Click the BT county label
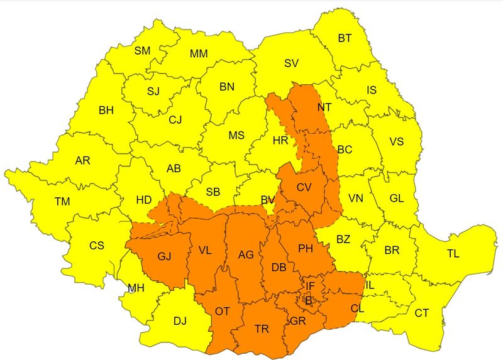click(x=345, y=38)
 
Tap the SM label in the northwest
click(x=142, y=51)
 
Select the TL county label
click(x=453, y=254)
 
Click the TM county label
click(x=62, y=202)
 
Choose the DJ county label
click(x=180, y=322)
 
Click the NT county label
click(x=324, y=107)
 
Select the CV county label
click(x=304, y=187)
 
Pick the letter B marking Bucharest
click(x=308, y=300)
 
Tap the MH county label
click(x=136, y=289)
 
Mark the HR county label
click(x=280, y=141)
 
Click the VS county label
click(x=396, y=141)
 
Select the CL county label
click(x=357, y=309)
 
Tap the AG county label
click(x=246, y=255)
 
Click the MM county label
click(x=199, y=54)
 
